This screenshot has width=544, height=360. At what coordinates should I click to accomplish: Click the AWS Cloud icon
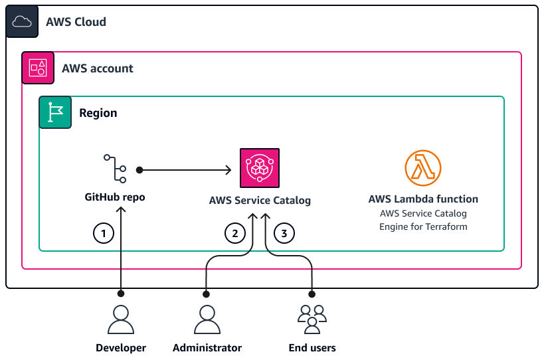click(22, 22)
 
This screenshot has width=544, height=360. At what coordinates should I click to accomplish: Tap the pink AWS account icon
click(38, 68)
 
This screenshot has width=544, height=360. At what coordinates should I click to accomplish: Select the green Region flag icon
click(55, 112)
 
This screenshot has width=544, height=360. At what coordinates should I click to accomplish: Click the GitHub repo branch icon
click(115, 169)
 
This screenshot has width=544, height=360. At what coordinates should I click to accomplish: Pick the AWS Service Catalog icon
click(260, 168)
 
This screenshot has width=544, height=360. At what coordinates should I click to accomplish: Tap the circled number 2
click(233, 233)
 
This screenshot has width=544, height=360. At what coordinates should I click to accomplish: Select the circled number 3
click(284, 233)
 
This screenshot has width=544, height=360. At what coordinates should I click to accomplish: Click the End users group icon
click(312, 319)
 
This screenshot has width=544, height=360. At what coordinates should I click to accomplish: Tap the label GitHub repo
click(115, 197)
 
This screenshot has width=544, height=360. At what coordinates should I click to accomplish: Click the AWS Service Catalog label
click(260, 200)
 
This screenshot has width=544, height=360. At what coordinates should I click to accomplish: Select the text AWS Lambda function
click(423, 199)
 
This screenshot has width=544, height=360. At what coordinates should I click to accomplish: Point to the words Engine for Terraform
click(423, 226)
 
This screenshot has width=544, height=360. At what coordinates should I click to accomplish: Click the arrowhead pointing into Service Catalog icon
click(228, 170)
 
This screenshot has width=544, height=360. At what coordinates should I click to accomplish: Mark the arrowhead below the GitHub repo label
click(121, 209)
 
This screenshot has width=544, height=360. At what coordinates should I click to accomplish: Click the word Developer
click(121, 347)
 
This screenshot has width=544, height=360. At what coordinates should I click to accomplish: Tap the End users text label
click(312, 347)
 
